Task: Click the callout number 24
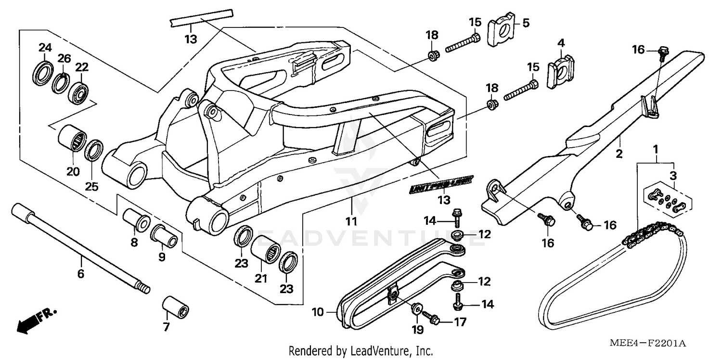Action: pos(45,48)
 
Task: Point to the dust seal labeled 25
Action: pos(93,150)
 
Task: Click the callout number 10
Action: pos(317,312)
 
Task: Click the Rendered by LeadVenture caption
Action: pos(361,351)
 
